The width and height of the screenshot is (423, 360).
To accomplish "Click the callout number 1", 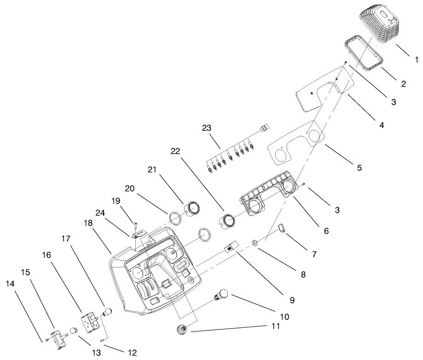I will [416, 60].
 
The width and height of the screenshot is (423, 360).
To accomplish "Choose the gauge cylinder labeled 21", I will [192, 210].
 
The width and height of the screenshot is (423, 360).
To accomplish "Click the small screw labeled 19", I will [136, 225].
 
